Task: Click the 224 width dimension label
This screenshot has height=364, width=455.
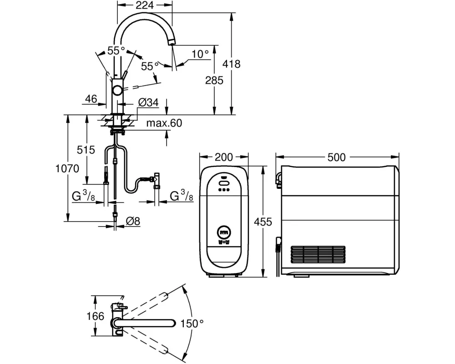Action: pyautogui.click(x=145, y=5)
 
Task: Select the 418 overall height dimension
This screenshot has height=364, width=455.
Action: pyautogui.click(x=231, y=64)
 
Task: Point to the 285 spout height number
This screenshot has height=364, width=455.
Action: pyautogui.click(x=214, y=80)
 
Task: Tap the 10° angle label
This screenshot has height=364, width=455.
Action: pyautogui.click(x=200, y=54)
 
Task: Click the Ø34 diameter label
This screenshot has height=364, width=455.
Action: pyautogui.click(x=148, y=102)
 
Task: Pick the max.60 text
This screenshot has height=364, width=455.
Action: pyautogui.click(x=164, y=123)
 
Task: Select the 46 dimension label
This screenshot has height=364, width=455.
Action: pyautogui.click(x=91, y=99)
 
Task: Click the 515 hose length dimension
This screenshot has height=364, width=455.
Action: pyautogui.click(x=86, y=150)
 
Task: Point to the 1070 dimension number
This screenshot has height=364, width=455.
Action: pyautogui.click(x=67, y=168)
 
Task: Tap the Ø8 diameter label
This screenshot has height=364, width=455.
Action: pyautogui.click(x=133, y=222)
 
